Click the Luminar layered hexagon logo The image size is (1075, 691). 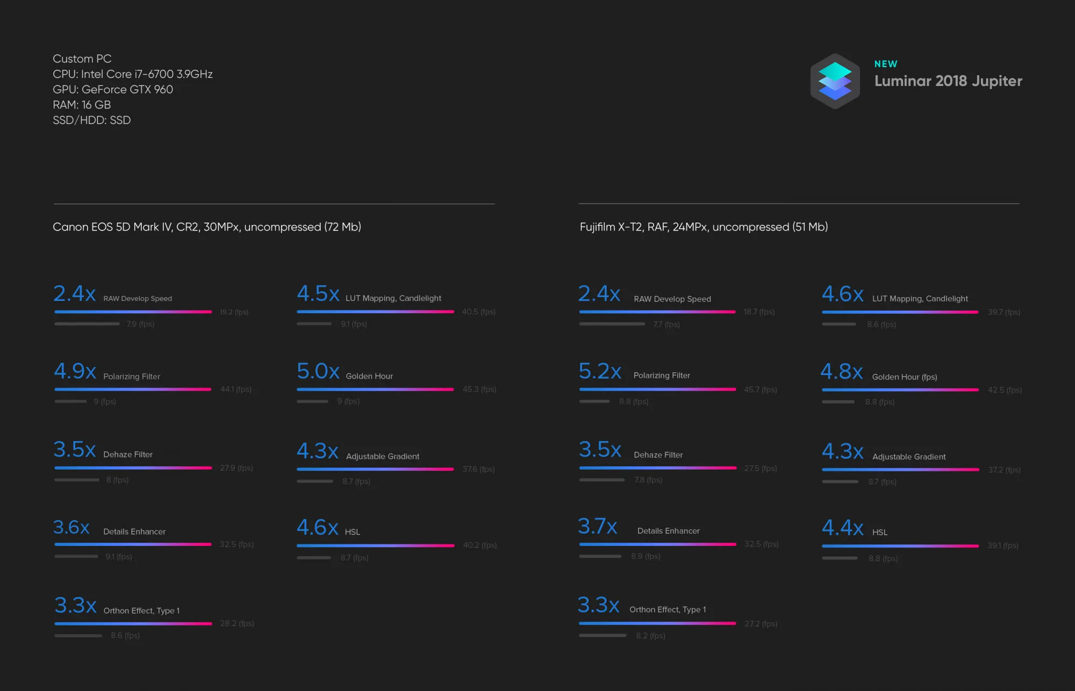click(835, 81)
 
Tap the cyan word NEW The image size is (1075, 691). click(885, 64)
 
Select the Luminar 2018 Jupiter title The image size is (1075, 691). click(948, 81)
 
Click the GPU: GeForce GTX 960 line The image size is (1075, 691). click(113, 90)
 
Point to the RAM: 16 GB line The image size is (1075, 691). click(82, 105)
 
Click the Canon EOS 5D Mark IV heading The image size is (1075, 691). click(207, 227)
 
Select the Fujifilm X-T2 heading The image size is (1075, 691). click(703, 227)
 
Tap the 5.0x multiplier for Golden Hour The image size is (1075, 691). click(318, 371)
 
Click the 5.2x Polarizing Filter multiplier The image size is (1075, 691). click(600, 371)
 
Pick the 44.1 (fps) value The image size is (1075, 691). click(235, 389)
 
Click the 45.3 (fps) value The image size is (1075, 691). click(479, 389)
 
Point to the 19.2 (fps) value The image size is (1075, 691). click(234, 312)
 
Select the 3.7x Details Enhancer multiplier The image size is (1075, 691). click(597, 526)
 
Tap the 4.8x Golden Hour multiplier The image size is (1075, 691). click(841, 371)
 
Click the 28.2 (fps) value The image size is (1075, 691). click(236, 623)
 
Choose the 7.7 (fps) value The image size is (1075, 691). click(666, 325)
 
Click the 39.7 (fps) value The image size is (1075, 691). click(1004, 312)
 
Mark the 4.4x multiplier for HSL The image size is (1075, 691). click(842, 528)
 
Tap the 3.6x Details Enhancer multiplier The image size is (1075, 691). click(71, 527)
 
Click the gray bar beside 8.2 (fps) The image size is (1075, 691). click(603, 636)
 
